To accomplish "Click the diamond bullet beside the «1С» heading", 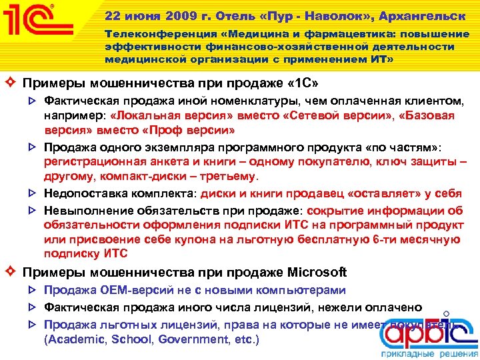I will click(x=10, y=85).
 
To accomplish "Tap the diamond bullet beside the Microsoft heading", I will click(x=10, y=272).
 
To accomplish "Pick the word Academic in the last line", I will click(x=73, y=339).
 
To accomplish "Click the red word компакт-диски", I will click(x=127, y=177).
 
